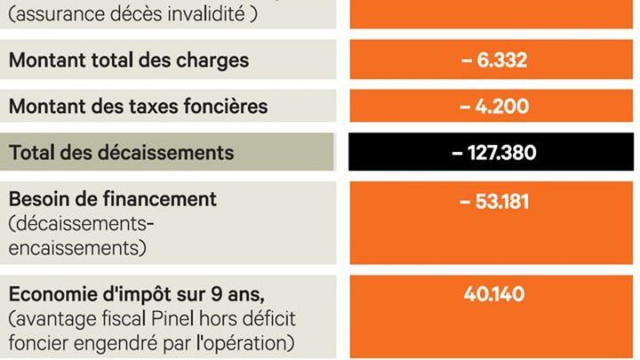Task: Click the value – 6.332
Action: (494, 61)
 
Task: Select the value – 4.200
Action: (494, 107)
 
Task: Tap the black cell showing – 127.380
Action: (494, 153)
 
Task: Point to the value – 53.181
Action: (494, 202)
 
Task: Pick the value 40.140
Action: (494, 294)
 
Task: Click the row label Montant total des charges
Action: (129, 61)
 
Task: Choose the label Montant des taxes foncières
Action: (138, 107)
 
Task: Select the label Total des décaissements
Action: (122, 153)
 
